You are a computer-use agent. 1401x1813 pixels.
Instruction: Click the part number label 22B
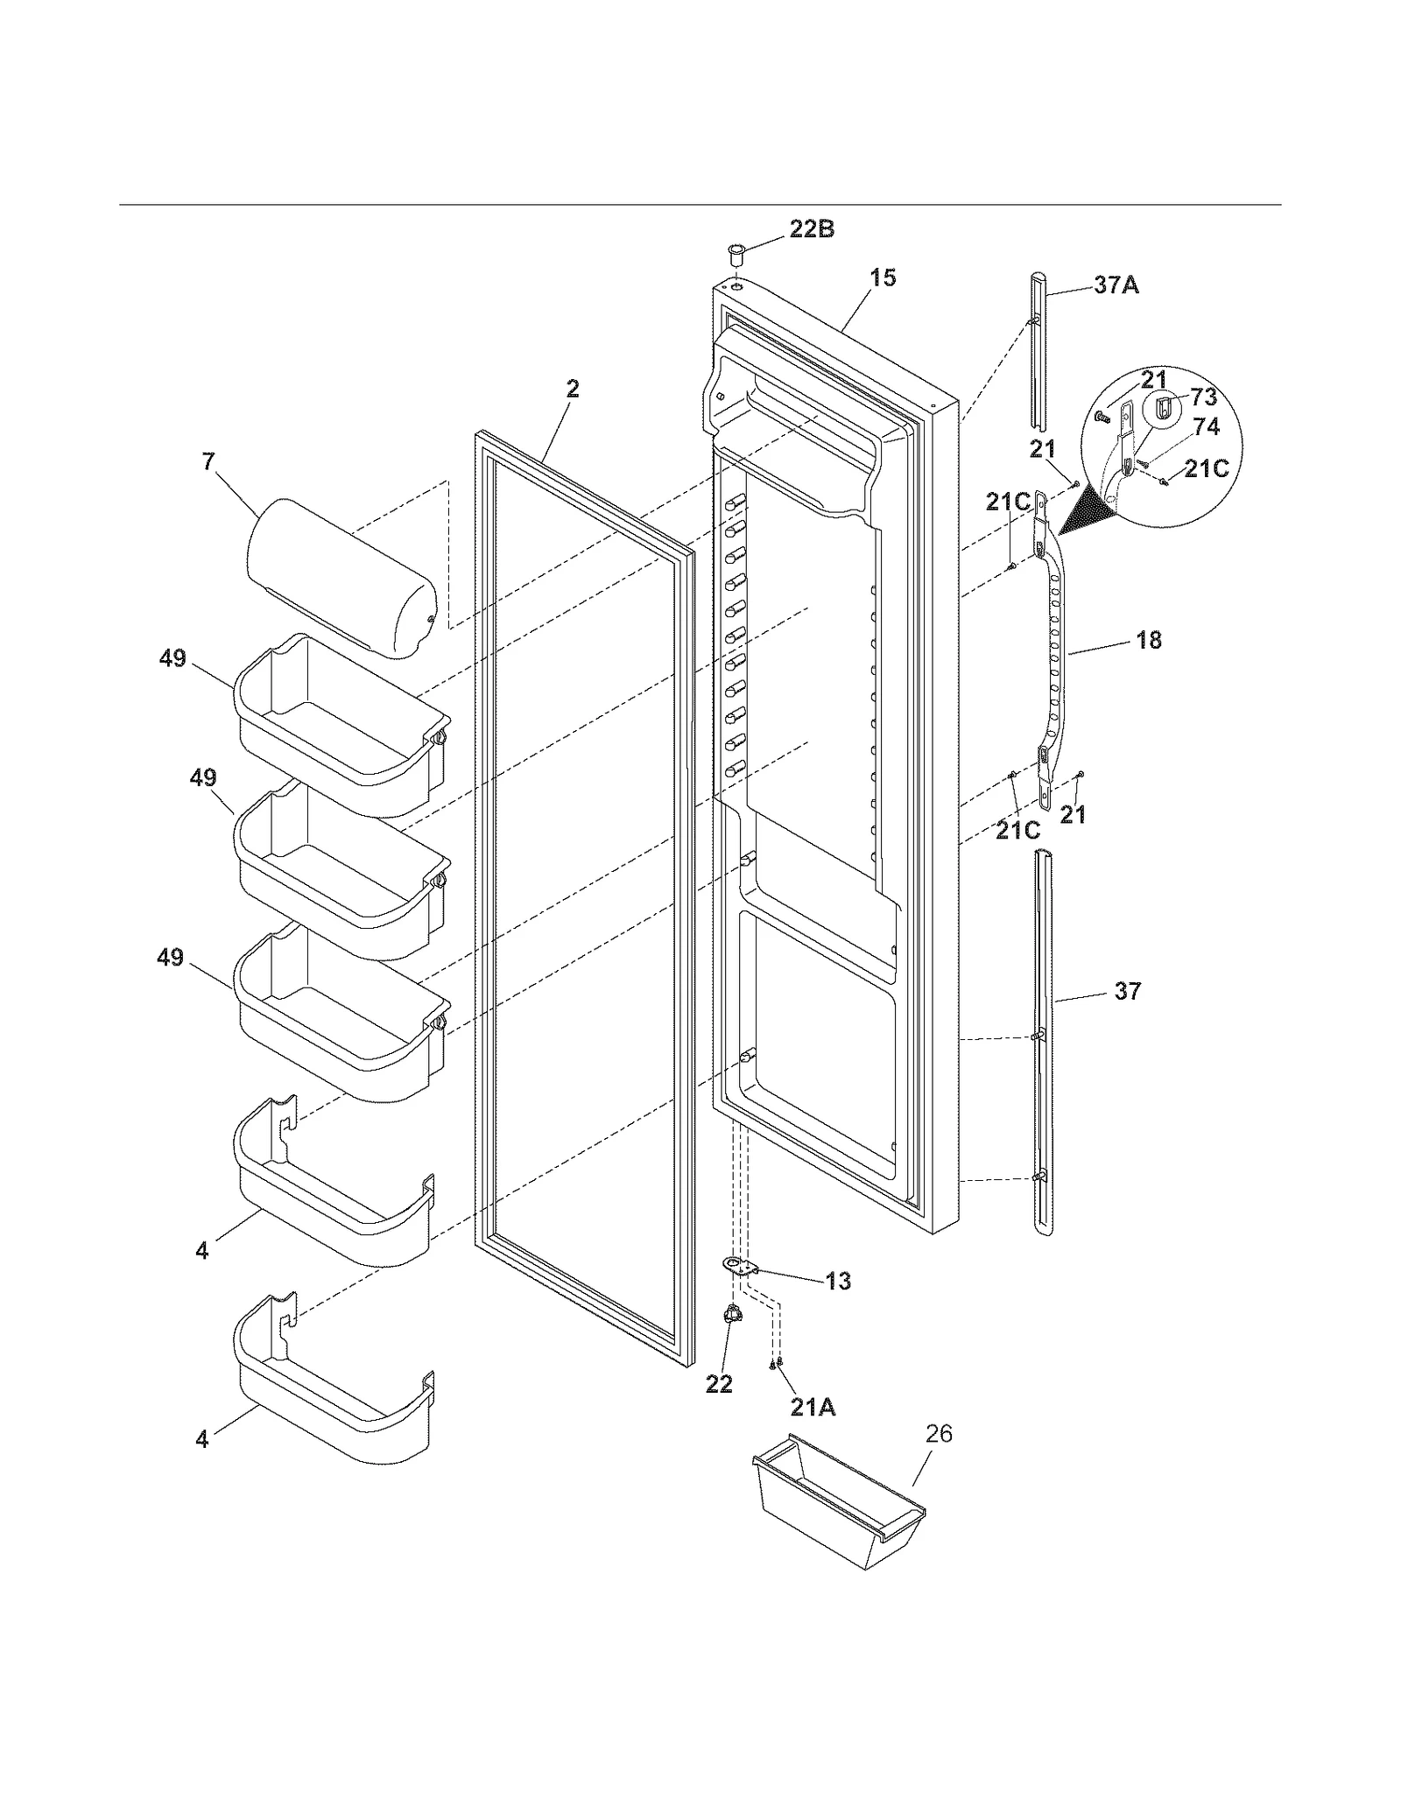811,229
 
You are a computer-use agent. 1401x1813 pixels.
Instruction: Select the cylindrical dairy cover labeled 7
341,578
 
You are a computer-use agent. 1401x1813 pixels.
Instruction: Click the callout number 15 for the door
883,278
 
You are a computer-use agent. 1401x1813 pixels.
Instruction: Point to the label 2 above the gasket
572,388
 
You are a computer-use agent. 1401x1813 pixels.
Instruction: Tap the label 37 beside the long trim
1127,990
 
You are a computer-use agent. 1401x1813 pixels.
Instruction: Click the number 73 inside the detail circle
1204,397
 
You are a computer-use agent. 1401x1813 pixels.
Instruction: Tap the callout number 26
939,1433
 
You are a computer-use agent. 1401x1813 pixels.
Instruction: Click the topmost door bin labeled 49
341,718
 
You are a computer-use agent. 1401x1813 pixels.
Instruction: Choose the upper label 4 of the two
202,1251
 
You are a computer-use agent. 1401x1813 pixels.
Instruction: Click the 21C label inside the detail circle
1206,468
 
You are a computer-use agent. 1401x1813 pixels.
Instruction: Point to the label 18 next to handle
1148,640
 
